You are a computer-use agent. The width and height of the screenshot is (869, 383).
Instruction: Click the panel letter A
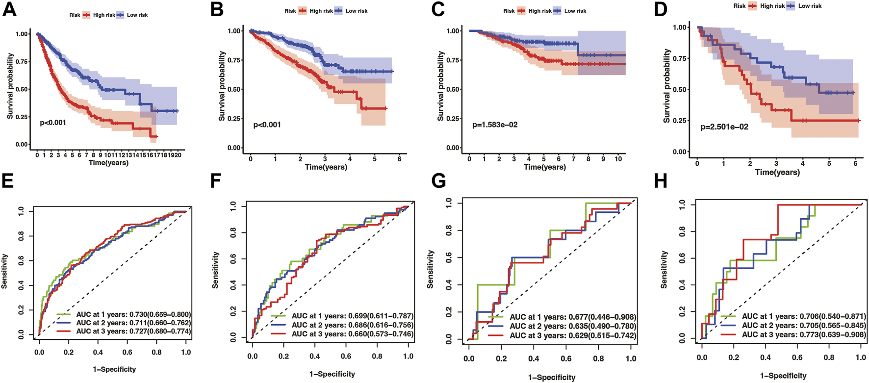tap(9, 10)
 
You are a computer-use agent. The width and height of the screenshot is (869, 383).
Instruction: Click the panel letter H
tap(661, 181)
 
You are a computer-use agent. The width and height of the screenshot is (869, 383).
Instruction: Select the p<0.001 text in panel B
tap(267, 125)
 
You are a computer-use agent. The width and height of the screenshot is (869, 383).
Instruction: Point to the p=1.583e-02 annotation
tap(495, 125)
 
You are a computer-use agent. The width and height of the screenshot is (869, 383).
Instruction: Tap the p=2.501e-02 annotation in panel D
tap(724, 127)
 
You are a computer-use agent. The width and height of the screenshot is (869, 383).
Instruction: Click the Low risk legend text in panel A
tap(137, 15)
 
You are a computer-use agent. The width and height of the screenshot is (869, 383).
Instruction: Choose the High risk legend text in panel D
tap(772, 6)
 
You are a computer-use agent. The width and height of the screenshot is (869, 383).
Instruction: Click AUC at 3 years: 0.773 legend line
tap(804, 335)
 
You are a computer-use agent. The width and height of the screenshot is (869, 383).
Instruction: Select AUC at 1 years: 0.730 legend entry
tap(133, 314)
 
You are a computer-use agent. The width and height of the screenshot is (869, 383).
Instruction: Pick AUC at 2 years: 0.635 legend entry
tap(573, 326)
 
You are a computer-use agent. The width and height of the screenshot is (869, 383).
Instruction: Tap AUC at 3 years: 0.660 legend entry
tap(352, 334)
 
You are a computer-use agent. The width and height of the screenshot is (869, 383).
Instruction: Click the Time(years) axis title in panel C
tap(544, 167)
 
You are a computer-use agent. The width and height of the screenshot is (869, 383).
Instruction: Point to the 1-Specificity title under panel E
tap(114, 369)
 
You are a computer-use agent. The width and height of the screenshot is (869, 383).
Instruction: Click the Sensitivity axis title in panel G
tap(431, 269)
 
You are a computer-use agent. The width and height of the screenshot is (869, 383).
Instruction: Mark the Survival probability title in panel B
tap(221, 86)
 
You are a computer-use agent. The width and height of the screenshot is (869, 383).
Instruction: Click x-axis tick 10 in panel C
tap(618, 159)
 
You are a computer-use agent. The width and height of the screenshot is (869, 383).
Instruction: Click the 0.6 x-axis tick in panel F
tap(346, 357)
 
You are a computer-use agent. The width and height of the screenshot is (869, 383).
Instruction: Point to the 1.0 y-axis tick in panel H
tap(681, 204)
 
